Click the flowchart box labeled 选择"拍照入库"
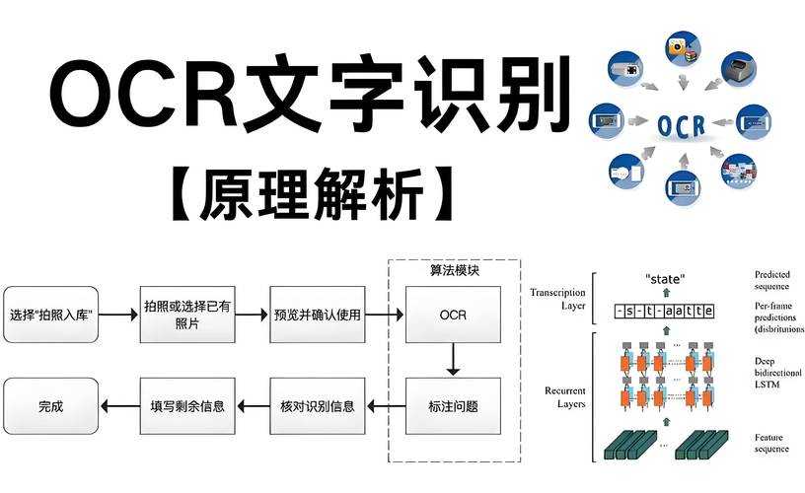(51, 316)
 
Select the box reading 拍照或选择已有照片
(186, 316)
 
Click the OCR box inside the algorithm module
(453, 316)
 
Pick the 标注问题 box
(453, 405)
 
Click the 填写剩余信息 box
(186, 405)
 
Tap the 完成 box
(51, 405)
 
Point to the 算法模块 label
(455, 270)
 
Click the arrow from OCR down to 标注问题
(453, 360)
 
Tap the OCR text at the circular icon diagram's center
(680, 125)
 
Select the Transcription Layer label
(557, 299)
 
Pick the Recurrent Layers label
(565, 397)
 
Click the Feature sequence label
(771, 443)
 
